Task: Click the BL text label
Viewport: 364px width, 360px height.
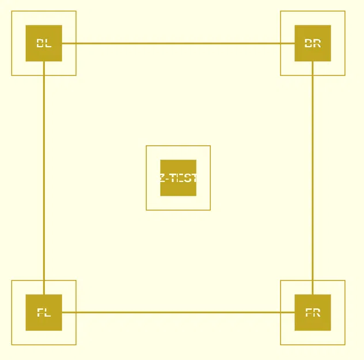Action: point(44,43)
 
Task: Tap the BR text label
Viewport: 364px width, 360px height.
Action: point(313,43)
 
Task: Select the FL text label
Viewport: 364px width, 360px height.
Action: point(44,313)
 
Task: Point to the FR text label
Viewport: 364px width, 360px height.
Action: point(313,313)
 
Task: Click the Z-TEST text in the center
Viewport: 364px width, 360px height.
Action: point(179,178)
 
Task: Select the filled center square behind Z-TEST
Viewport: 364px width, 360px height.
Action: point(179,189)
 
